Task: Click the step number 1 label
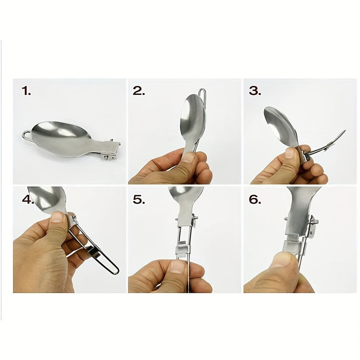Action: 26,91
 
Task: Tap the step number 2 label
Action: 139,91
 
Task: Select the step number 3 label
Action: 255,91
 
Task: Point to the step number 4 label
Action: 28,199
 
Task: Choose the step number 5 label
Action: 139,199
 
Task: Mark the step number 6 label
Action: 255,199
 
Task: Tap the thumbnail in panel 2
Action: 188,158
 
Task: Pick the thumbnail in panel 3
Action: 290,153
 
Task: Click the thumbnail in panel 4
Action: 57,217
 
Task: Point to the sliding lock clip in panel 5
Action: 183,250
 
